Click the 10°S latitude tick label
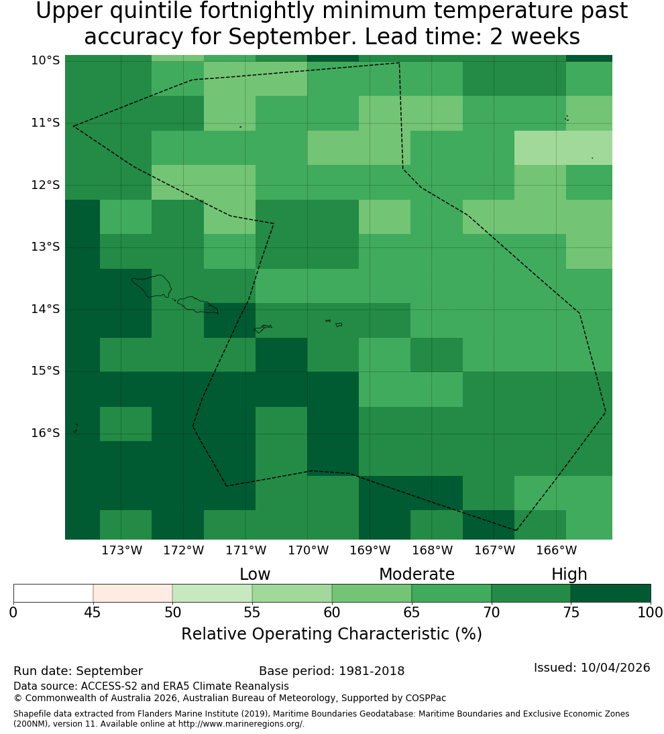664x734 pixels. click(x=46, y=60)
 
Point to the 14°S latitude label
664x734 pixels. click(x=46, y=309)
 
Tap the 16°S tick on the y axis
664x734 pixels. click(x=46, y=433)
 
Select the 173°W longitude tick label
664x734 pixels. click(x=122, y=550)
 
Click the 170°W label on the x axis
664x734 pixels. click(x=308, y=550)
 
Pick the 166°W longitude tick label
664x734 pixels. click(x=556, y=550)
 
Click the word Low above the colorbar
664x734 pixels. click(x=255, y=574)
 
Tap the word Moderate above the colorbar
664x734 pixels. click(x=417, y=574)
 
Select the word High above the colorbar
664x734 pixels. click(x=569, y=574)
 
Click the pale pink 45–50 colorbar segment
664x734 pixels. click(x=133, y=593)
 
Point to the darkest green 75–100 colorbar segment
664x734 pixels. click(x=610, y=593)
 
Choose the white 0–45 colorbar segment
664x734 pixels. click(x=54, y=593)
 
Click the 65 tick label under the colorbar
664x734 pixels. click(x=412, y=612)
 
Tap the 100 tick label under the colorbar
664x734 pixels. click(x=651, y=612)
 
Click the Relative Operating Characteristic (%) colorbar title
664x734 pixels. click(x=331, y=634)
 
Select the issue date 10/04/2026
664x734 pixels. click(x=615, y=668)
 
